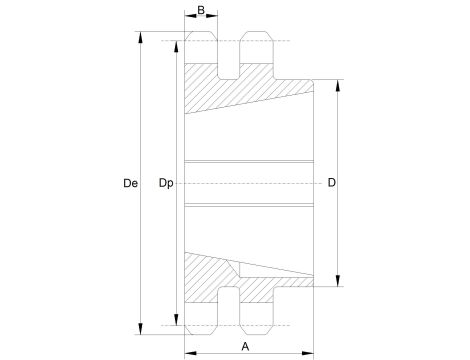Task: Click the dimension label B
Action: coord(201,11)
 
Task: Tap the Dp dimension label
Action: coord(166,184)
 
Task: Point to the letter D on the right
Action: coord(331,183)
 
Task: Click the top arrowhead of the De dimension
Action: coord(140,37)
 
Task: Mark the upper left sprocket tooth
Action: coord(202,50)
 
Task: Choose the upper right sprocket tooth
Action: coord(255,50)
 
